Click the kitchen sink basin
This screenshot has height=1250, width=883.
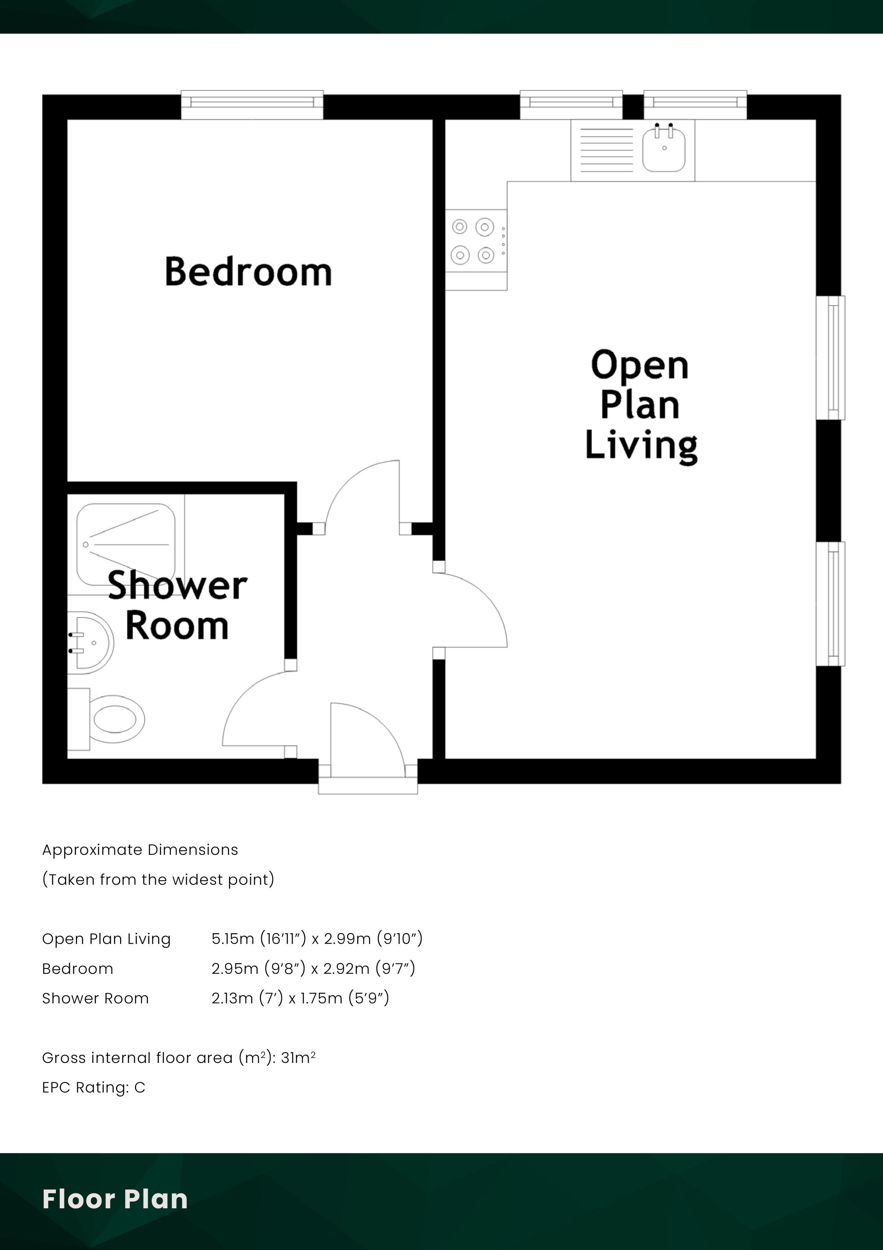pos(663,150)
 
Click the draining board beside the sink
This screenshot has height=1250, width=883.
pos(607,150)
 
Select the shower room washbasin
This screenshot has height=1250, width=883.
pos(90,642)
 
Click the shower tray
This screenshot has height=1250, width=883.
pos(126,544)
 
